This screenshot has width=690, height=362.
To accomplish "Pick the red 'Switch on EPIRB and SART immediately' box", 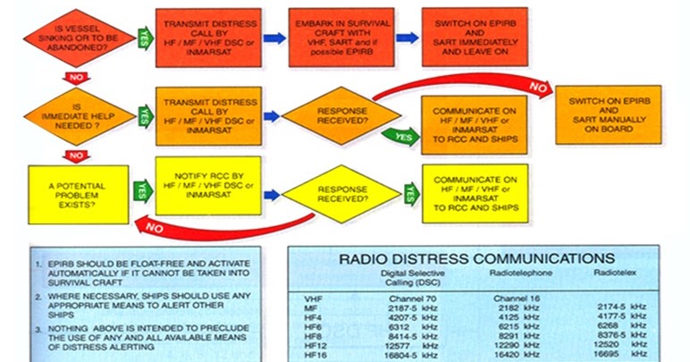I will (x=475, y=37).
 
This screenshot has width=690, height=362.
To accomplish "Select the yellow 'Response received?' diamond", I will (x=342, y=193).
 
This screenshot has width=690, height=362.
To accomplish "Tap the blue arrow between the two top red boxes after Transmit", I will (x=274, y=38).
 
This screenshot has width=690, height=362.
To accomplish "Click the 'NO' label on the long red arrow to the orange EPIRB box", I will (x=538, y=88).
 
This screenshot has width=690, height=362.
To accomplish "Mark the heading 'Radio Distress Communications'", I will (x=473, y=258).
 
